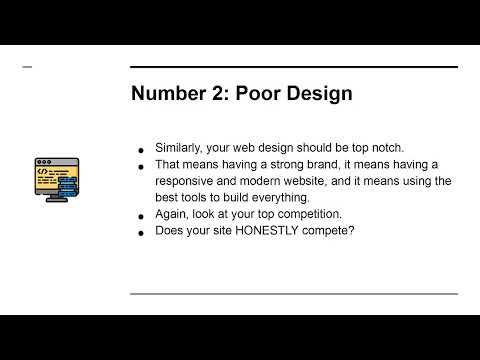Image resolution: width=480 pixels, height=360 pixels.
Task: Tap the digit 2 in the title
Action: pyautogui.click(x=220, y=95)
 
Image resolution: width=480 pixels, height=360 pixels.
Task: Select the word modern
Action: pyautogui.click(x=267, y=181)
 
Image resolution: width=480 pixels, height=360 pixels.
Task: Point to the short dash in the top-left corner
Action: pyautogui.click(x=27, y=67)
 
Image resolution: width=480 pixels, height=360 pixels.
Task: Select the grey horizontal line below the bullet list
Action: pyautogui.click(x=294, y=294)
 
